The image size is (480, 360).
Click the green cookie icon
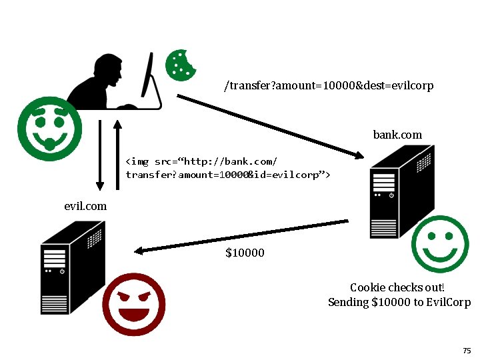pyautogui.click(x=180, y=65)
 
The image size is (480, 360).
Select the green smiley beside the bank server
pyautogui.click(x=440, y=244)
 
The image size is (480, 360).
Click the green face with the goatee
pyautogui.click(x=49, y=129)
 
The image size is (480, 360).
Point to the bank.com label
pyautogui.click(x=397, y=135)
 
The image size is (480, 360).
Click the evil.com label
pyautogui.click(x=85, y=206)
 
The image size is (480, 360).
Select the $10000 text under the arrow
pyautogui.click(x=245, y=253)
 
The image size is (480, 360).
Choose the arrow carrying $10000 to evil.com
pyautogui.click(x=240, y=237)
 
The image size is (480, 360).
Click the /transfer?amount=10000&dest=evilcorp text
pyautogui.click(x=329, y=86)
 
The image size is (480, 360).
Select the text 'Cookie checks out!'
pyautogui.click(x=397, y=287)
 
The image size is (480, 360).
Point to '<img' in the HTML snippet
pyautogui.click(x=138, y=161)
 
